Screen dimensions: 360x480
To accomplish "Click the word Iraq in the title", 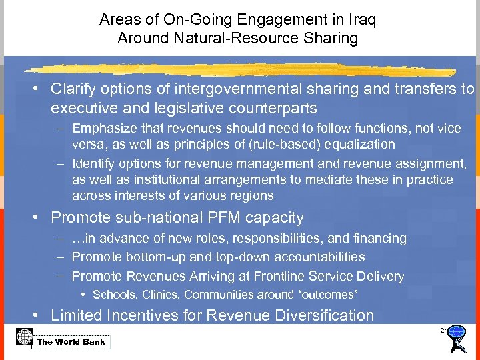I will click(362, 20).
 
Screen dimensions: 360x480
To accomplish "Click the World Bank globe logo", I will click(24, 338).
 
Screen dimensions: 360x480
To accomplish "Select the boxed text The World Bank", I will click(71, 342).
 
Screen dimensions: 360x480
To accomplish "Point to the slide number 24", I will click(443, 330).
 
